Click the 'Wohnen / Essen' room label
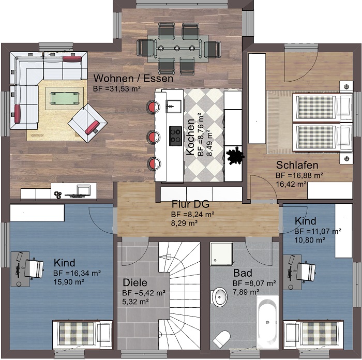tap(133, 79)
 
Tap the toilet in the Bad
tap(222, 339)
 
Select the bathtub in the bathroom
tap(267, 322)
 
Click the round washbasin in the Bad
tap(219, 297)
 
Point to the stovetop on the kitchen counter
tap(175, 136)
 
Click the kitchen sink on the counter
tap(174, 106)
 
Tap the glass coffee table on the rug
tap(65, 98)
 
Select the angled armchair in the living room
tap(87, 123)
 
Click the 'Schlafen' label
tap(297, 165)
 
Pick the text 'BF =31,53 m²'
tap(117, 88)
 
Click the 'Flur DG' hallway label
tap(190, 204)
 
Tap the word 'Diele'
tap(135, 282)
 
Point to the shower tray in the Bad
tap(221, 254)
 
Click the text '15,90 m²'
tap(69, 282)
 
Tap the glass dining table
tap(178, 49)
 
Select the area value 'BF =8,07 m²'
tap(254, 283)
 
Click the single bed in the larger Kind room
tap(82, 334)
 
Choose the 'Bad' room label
tap(243, 273)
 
